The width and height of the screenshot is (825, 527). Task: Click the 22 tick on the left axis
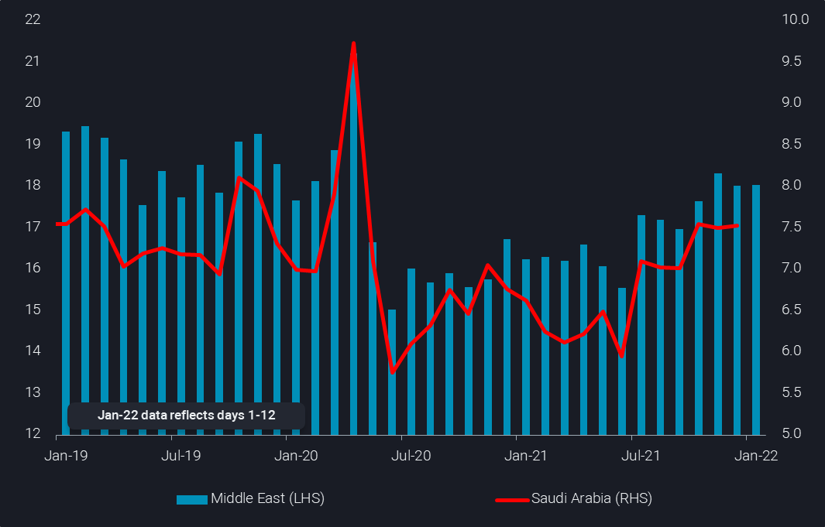(33, 19)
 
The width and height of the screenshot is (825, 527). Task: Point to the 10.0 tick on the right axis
(796, 19)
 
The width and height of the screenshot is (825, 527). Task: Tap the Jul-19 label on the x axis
(181, 456)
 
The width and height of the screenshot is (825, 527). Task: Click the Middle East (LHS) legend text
(267, 498)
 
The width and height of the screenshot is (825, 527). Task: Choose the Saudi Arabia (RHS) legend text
(592, 498)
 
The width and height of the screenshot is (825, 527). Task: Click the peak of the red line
(353, 43)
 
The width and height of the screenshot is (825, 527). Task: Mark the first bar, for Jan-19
(66, 282)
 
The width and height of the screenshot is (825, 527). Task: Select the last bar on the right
(755, 310)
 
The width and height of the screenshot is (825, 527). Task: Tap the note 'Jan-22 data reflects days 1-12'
(187, 416)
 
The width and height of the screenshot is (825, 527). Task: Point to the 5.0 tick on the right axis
(796, 433)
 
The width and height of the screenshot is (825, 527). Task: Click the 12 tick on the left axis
(33, 433)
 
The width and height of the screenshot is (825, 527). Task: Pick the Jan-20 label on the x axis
(296, 456)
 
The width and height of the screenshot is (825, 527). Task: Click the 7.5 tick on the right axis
(796, 227)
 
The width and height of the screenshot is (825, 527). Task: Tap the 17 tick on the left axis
(33, 227)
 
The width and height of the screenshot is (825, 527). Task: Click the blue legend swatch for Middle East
(192, 499)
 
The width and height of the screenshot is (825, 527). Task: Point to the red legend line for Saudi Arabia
(512, 499)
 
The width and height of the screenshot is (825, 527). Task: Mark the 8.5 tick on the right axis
(796, 144)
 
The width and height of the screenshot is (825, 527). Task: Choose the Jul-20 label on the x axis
(411, 456)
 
